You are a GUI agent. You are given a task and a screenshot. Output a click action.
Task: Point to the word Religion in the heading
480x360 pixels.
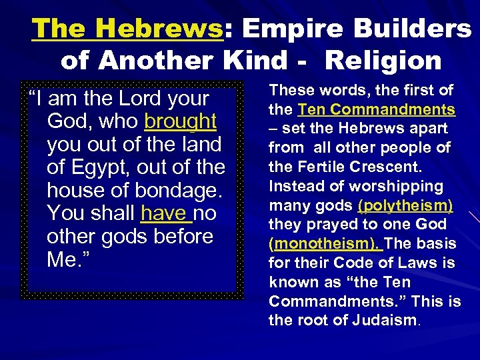coord(383,61)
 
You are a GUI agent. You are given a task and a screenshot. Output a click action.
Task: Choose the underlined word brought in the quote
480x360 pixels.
coord(180,121)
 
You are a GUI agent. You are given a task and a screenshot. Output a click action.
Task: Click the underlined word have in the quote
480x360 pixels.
coord(166,213)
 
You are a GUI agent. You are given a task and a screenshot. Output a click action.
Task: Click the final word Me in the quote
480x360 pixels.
coord(62,259)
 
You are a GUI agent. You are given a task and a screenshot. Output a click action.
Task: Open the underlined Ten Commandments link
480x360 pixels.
coord(376,109)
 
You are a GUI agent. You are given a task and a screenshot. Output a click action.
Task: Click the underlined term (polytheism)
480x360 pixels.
coord(405,205)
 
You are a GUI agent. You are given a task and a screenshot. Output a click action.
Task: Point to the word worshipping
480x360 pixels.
coord(398,186)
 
